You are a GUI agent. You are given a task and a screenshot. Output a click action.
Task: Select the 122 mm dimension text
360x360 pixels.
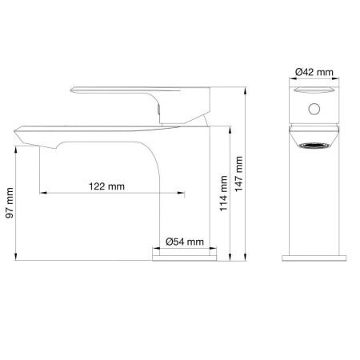coord(107,186)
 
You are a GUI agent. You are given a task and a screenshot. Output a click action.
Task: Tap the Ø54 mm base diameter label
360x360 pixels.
coord(185,241)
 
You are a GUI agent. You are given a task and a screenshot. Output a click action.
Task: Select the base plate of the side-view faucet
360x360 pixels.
coord(185,254)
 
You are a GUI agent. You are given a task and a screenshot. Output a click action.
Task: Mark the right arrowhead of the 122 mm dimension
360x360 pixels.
coord(185,193)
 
